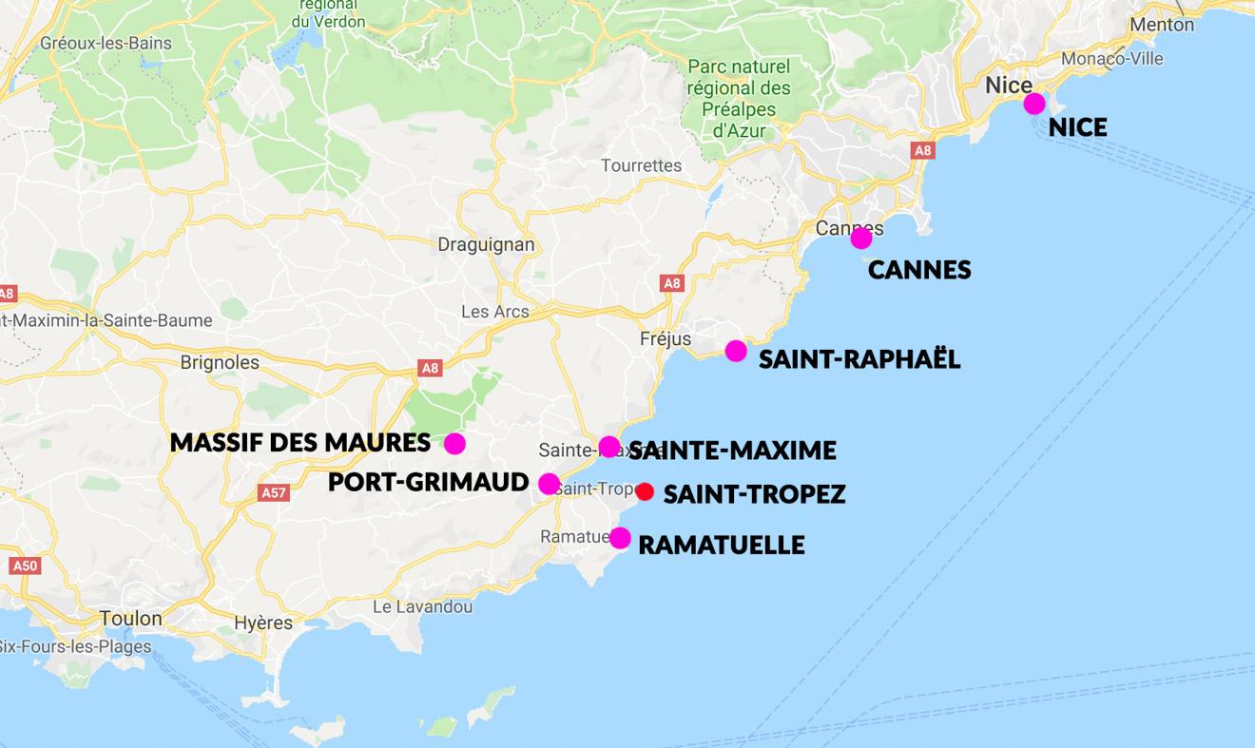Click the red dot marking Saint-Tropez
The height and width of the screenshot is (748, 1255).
[x=645, y=491]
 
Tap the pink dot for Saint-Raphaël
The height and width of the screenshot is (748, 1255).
[x=736, y=351]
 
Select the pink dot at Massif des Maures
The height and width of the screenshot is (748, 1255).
[x=454, y=443]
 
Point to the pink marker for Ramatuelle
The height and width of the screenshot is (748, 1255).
[x=620, y=538]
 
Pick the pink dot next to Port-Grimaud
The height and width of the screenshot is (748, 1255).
[x=549, y=484]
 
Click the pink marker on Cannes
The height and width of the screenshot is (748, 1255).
[x=860, y=238]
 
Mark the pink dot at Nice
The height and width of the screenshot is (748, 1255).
[x=1033, y=104]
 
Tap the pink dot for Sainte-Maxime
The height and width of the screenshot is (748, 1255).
[x=609, y=447]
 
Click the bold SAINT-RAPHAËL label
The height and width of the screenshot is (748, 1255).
[x=859, y=359]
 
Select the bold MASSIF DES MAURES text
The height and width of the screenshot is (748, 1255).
[x=299, y=443]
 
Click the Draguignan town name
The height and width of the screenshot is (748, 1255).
[x=486, y=244]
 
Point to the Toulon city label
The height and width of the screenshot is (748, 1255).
[x=131, y=619]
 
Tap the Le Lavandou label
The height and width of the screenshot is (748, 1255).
[x=422, y=606]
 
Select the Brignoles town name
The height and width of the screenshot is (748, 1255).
[x=220, y=362]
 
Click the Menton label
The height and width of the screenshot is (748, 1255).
[x=1163, y=25]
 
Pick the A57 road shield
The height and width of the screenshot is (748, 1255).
[x=274, y=492]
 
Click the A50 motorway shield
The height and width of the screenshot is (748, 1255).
[x=25, y=566]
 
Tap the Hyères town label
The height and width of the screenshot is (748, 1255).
[x=263, y=623]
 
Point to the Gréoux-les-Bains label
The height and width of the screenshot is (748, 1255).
[x=106, y=43]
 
